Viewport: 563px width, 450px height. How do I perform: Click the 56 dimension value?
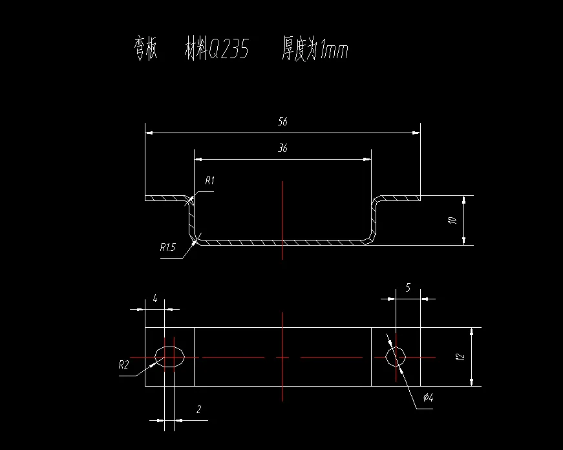click(282, 122)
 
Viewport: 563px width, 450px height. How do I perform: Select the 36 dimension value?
click(282, 148)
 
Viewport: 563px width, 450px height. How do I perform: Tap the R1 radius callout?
click(209, 181)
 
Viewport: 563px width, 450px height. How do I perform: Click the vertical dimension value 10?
click(453, 220)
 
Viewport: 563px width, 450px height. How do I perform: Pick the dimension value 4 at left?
click(155, 298)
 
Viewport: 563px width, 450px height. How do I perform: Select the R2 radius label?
click(124, 365)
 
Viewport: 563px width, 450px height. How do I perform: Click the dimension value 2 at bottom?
click(198, 409)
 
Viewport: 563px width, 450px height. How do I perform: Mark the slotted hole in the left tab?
click(171, 356)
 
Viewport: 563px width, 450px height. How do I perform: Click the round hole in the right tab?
click(396, 356)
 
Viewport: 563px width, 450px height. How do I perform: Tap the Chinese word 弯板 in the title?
click(145, 50)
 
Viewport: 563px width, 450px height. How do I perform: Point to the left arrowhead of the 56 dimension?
click(149, 133)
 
